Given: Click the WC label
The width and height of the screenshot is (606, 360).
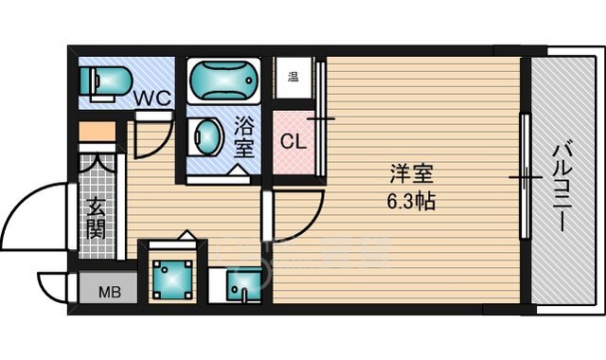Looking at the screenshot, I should pyautogui.click(x=149, y=96).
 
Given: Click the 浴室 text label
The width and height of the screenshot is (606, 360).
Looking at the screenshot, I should pyautogui.click(x=244, y=135).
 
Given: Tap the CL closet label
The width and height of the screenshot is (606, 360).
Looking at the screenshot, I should pyautogui.click(x=293, y=142).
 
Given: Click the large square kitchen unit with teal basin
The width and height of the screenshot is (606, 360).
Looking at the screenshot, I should pyautogui.click(x=172, y=276).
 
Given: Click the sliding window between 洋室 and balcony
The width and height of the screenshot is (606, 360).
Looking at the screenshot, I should pyautogui.click(x=522, y=176).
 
